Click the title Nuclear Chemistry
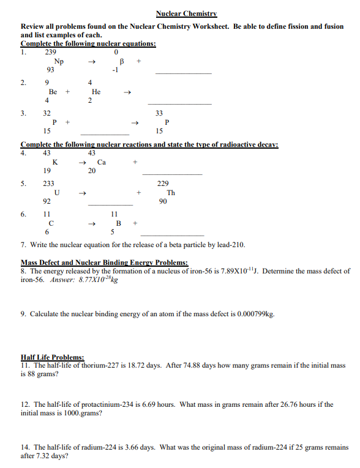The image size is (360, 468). (187, 13)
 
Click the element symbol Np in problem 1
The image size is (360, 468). (59, 61)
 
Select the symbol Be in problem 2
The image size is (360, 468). (53, 92)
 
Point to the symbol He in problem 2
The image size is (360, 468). (96, 92)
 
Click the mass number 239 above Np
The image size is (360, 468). (51, 53)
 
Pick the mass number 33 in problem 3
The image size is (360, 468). (159, 113)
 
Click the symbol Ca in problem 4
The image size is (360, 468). (102, 162)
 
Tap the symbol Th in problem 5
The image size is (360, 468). (171, 192)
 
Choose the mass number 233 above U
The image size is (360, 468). (48, 184)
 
